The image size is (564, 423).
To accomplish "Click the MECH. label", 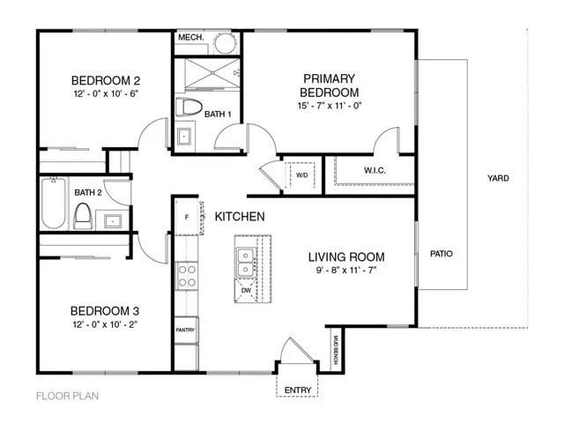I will tap(191, 38).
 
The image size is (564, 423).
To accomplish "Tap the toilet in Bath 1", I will tap(185, 108).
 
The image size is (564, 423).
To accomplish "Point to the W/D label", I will tap(301, 174).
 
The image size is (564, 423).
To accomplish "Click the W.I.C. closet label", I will tap(375, 170).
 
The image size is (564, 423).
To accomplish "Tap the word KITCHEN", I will tap(241, 216).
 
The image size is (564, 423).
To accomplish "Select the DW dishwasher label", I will tap(246, 290).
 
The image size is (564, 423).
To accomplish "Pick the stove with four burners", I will tap(187, 277).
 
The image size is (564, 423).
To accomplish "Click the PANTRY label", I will tap(185, 330).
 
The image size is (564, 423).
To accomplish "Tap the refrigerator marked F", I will tap(187, 217).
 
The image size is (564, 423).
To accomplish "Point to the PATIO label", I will tap(442, 254).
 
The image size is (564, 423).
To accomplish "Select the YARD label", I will tap(498, 178).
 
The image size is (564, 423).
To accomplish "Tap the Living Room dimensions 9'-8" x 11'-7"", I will tap(346, 272).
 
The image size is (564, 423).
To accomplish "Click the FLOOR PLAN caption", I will tap(67, 396).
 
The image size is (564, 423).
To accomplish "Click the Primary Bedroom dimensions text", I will tap(330, 106).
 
